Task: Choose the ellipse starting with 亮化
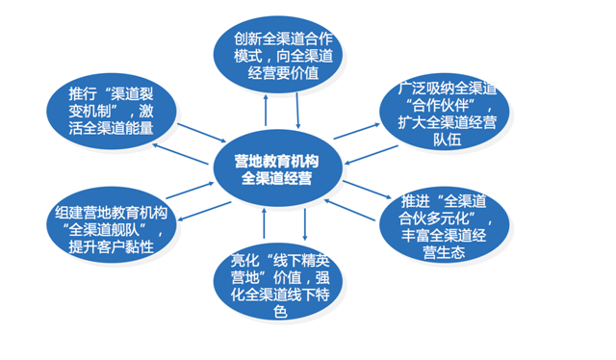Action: coord(278,286)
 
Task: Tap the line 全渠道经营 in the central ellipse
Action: coord(278,178)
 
